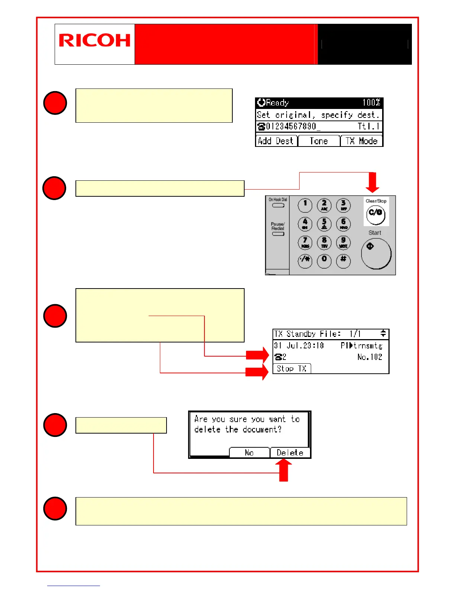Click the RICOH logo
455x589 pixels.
[x=94, y=41]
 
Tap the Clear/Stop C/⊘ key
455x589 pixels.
[x=375, y=215]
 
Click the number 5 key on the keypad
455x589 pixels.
[x=324, y=224]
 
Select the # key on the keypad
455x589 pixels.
[x=343, y=260]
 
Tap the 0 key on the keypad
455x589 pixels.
[x=324, y=260]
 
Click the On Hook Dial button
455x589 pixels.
[x=278, y=205]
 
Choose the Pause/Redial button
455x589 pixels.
[x=278, y=234]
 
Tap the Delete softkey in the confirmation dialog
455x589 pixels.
[x=290, y=453]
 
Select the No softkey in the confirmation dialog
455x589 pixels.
[x=249, y=453]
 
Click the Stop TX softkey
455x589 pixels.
[x=291, y=368]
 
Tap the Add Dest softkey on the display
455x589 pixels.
[x=276, y=141]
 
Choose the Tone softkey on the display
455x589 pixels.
[x=319, y=141]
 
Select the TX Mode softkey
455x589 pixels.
[x=361, y=141]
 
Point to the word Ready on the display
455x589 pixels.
[x=277, y=103]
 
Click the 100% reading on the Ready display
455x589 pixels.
[x=371, y=103]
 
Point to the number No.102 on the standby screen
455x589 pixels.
[x=370, y=357]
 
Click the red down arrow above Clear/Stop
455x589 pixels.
[x=372, y=182]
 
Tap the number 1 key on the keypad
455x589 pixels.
[x=305, y=205]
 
